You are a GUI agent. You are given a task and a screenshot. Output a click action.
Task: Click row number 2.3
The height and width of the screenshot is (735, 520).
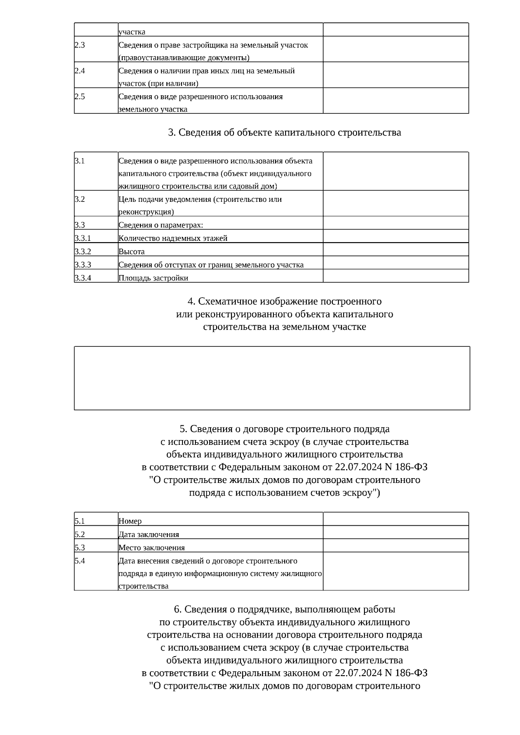pyautogui.click(x=80, y=45)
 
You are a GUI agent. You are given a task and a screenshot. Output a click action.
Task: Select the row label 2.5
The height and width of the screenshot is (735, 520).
pyautogui.click(x=80, y=97)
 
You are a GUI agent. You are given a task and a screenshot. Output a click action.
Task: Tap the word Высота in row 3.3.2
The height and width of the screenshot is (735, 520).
pyautogui.click(x=132, y=252)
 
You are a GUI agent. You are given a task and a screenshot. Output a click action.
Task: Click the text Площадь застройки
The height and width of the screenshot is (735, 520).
pyautogui.click(x=153, y=278)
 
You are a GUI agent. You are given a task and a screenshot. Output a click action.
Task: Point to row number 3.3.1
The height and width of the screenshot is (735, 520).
pyautogui.click(x=83, y=238)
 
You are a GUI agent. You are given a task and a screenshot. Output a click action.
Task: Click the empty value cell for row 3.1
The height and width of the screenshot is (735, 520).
pyautogui.click(x=396, y=171)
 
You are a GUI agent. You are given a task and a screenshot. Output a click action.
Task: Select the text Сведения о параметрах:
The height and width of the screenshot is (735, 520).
pyautogui.click(x=161, y=225)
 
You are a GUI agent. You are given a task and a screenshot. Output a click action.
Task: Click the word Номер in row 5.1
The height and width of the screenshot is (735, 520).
pyautogui.click(x=130, y=521)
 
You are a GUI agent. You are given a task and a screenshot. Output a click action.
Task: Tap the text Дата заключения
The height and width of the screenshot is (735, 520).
pyautogui.click(x=149, y=534)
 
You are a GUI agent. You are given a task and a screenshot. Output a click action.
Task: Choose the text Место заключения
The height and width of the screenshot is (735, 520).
pyautogui.click(x=152, y=547)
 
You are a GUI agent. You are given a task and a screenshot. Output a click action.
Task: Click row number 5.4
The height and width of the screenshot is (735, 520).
pyautogui.click(x=80, y=561)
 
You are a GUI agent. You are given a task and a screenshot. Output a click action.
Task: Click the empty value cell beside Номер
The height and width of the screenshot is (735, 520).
pyautogui.click(x=396, y=519)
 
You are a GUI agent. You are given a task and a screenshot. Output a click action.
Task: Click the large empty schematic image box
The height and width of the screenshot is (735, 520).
pyautogui.click(x=272, y=378)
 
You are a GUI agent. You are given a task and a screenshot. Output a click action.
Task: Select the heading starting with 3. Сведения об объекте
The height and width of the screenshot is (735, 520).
pyautogui.click(x=284, y=133)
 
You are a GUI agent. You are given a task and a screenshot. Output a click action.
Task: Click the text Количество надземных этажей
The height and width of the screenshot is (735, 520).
pyautogui.click(x=173, y=238)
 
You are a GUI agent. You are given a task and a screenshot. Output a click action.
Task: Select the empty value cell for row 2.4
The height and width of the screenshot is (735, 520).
pyautogui.click(x=396, y=75)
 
